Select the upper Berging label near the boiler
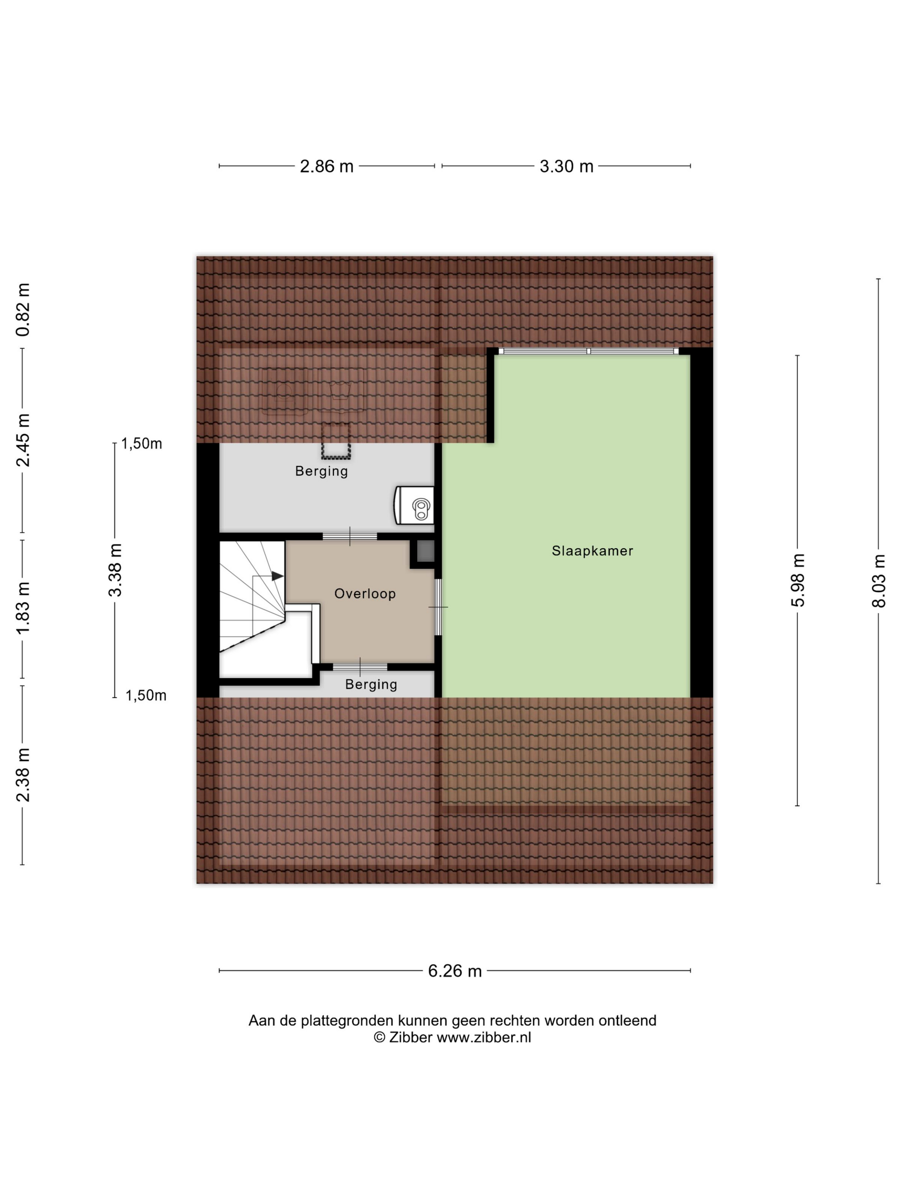coord(321,471)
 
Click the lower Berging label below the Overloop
coord(372,684)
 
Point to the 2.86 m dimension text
coord(327,166)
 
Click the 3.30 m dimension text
coord(566,166)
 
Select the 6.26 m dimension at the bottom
coord(455,971)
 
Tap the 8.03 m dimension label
coord(879,580)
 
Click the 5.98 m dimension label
coord(798,580)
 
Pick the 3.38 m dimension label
coord(115,570)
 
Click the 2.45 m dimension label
coord(23,440)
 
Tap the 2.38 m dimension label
coord(23,775)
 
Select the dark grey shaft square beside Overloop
coord(423,552)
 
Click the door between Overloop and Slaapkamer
coord(438,607)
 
